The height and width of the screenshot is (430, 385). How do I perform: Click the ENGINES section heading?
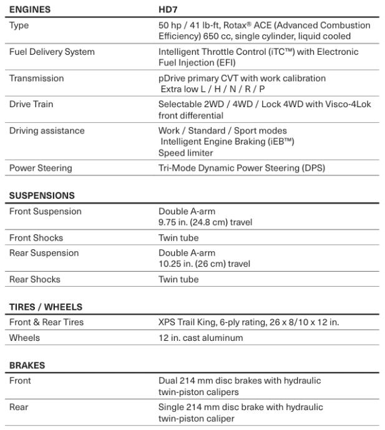pos(30,10)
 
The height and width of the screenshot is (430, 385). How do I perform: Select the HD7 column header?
pos(168,10)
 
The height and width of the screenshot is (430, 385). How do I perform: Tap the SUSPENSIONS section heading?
pos(42,195)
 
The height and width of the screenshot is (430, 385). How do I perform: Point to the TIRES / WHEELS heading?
pos(46,307)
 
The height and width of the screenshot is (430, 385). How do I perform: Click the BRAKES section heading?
pos(27,365)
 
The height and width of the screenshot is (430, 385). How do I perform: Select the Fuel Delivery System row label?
pos(52,52)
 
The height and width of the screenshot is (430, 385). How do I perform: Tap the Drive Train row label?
pos(31,104)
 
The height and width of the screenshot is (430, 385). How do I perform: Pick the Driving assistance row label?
pos(47,131)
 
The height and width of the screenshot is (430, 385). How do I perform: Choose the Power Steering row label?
pos(41,168)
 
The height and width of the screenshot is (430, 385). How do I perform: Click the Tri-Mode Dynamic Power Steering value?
pos(241,168)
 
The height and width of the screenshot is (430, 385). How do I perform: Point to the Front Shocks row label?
pos(36,238)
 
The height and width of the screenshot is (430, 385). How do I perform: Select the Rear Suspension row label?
pos(44,253)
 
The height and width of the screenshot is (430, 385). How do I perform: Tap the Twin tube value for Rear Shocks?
pos(178,279)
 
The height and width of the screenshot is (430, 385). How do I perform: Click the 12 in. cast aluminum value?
pos(200,338)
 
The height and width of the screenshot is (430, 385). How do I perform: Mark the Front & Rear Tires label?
pos(46,322)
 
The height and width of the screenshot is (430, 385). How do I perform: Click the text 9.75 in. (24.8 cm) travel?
pos(205,222)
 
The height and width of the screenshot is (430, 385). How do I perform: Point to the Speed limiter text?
pos(185,153)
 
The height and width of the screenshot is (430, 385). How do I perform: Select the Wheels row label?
pos(24,338)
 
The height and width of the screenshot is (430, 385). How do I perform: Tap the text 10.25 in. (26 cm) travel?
pos(204,264)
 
